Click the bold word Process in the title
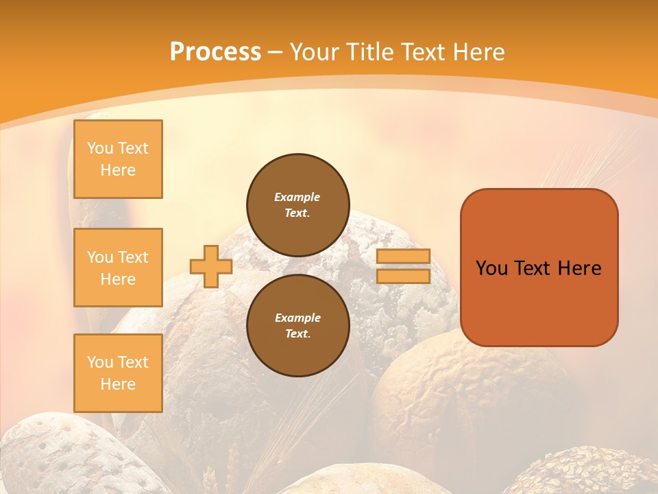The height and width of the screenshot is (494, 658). click(215, 52)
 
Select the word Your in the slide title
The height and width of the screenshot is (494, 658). click(315, 52)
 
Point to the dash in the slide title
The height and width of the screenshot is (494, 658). click(276, 53)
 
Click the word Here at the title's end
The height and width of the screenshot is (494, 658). click(480, 52)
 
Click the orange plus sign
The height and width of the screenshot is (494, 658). click(211, 266)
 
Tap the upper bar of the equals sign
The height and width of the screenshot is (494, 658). click(403, 257)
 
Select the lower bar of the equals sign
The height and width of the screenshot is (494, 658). click(403, 276)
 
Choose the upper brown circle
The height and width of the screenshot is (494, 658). click(297, 205)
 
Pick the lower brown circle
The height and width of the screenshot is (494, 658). click(297, 326)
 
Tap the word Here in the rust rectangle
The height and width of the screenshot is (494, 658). click(579, 268)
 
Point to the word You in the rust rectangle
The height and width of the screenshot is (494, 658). click(492, 268)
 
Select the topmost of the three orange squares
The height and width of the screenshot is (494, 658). click(118, 159)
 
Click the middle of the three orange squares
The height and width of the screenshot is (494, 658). click(118, 268)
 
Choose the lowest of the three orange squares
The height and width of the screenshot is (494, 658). click(118, 373)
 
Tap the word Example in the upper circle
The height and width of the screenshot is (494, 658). click(297, 197)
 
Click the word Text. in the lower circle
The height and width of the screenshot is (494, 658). click(297, 334)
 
